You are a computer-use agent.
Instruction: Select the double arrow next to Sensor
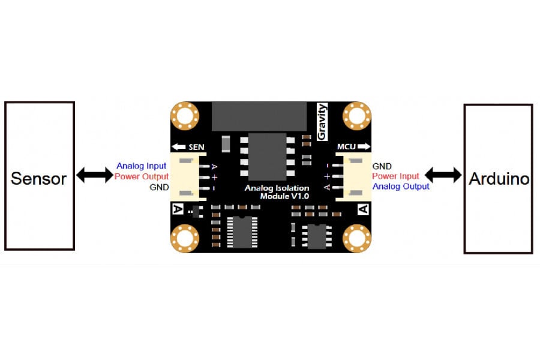pyautogui.click(x=95, y=175)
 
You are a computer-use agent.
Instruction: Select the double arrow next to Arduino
pyautogui.click(x=443, y=175)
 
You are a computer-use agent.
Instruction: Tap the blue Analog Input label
pyautogui.click(x=141, y=166)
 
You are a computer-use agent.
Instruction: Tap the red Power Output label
pyautogui.click(x=142, y=176)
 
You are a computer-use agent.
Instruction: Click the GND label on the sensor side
pyautogui.click(x=159, y=187)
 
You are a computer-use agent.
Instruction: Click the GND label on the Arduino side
pyautogui.click(x=382, y=166)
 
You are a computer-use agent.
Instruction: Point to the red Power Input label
pyautogui.click(x=396, y=176)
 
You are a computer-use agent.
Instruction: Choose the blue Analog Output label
pyautogui.click(x=401, y=187)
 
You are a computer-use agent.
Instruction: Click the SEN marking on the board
pyautogui.click(x=196, y=147)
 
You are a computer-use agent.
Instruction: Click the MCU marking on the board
pyautogui.click(x=346, y=147)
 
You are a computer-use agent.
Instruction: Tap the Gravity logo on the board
pyautogui.click(x=322, y=122)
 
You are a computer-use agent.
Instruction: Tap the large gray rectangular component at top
pyautogui.click(x=259, y=116)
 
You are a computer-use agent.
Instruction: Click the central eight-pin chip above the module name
pyautogui.click(x=267, y=157)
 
